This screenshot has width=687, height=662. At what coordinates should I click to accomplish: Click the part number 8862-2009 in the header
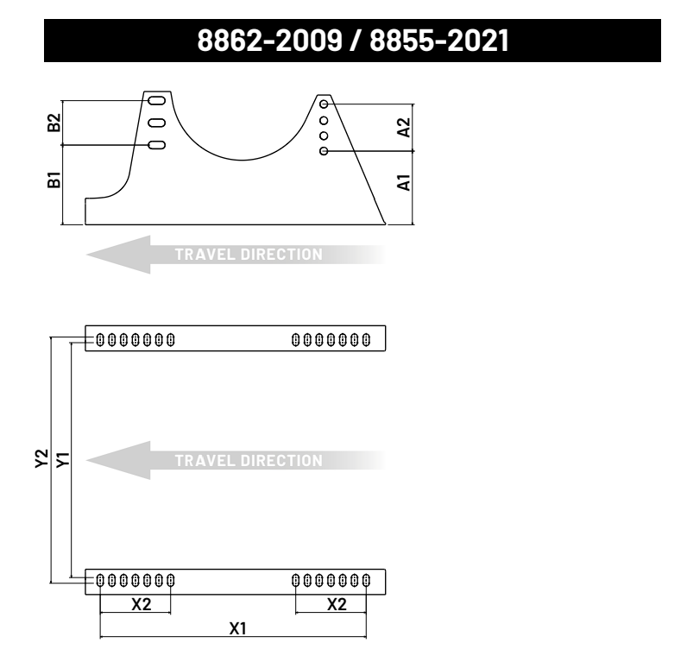[x=269, y=41]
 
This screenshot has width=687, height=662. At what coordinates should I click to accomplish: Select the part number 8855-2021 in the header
[x=439, y=41]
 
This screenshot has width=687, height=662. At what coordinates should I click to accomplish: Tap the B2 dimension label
[x=54, y=123]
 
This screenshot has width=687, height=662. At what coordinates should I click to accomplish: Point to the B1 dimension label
[x=54, y=180]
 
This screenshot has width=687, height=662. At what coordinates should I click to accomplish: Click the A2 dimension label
[x=404, y=128]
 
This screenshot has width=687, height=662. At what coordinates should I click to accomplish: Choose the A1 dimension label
[x=404, y=183]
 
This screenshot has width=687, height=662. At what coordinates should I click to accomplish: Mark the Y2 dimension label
[x=41, y=458]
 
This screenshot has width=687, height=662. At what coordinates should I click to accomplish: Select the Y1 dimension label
[x=63, y=459]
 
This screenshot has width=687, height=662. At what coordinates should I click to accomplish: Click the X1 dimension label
[x=238, y=628]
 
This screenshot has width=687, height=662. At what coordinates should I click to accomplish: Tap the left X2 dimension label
[x=142, y=605]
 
